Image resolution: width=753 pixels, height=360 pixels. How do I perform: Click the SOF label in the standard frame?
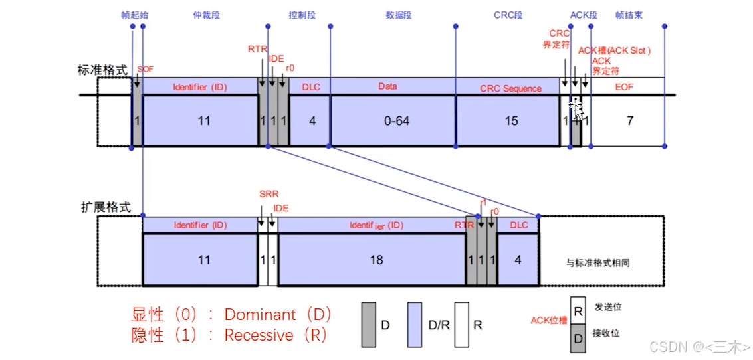point(144,69)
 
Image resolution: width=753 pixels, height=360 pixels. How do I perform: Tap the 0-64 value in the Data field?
point(393,121)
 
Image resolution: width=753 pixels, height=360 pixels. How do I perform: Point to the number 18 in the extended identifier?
point(376,260)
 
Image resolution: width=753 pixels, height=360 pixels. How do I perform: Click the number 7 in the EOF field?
point(629,121)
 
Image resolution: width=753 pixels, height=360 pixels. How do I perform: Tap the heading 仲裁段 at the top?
point(206,14)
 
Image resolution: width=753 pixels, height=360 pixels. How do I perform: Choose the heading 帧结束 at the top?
point(628,14)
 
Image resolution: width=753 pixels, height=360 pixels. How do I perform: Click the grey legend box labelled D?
point(370,325)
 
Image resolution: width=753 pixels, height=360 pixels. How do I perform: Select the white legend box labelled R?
point(463,325)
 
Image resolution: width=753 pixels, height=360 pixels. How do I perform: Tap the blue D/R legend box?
point(415,325)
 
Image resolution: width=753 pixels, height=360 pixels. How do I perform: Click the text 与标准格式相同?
point(597,263)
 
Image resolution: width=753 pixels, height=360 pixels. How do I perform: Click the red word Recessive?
point(259,335)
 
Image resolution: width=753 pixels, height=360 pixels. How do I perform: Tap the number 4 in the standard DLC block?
point(311,121)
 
